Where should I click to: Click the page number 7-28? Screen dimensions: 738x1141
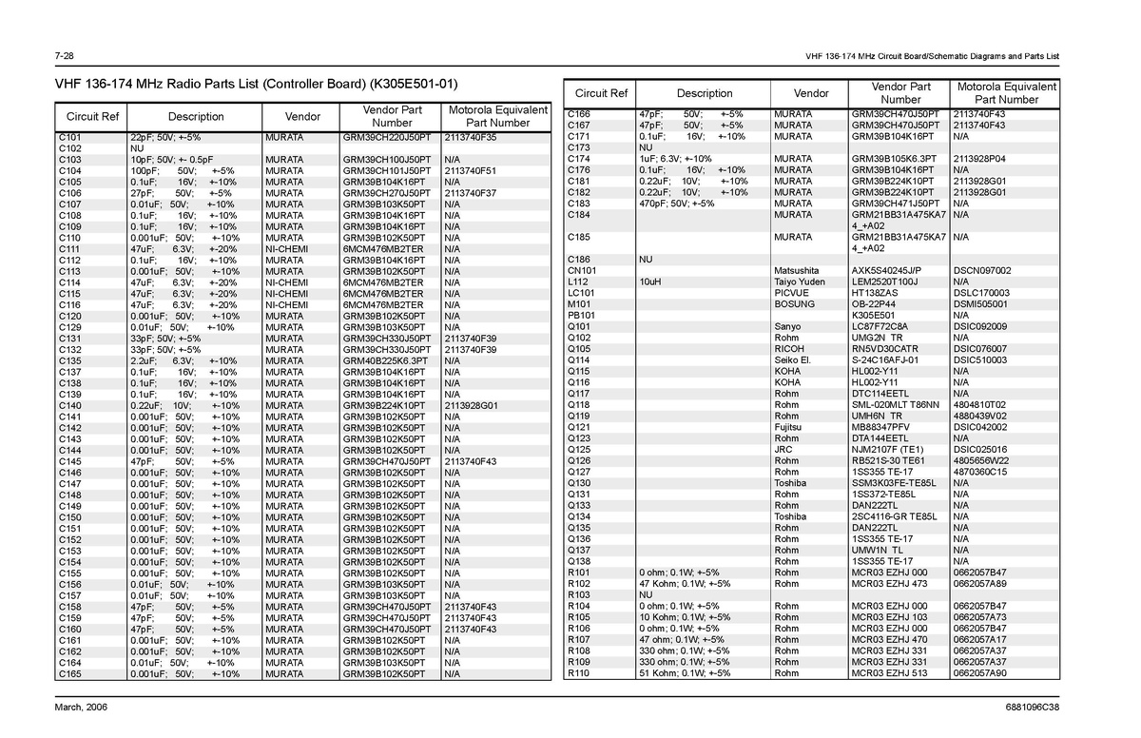(66, 54)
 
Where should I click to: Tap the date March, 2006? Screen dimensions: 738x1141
(82, 709)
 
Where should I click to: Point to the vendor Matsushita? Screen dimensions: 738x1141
(797, 271)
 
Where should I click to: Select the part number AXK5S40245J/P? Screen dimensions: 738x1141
(887, 271)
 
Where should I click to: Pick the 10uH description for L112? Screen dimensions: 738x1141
(651, 282)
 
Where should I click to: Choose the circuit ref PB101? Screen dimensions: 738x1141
(581, 316)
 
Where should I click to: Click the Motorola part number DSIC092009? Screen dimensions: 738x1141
(981, 327)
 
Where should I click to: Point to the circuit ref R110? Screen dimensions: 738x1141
(579, 674)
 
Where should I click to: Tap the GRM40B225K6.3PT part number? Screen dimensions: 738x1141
(385, 361)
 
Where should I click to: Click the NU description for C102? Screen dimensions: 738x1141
(137, 148)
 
